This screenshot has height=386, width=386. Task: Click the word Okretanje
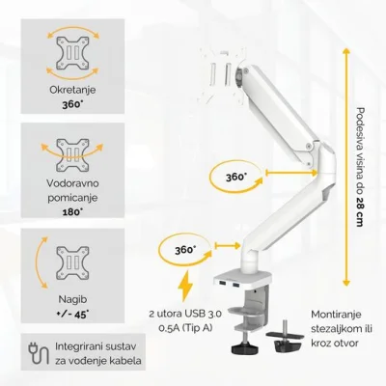click(72, 90)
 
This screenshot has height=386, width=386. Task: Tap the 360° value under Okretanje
click(72, 105)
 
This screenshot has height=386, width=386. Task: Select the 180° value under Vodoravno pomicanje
click(72, 212)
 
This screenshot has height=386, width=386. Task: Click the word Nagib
click(72, 299)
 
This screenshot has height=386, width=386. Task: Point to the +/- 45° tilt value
click(72, 315)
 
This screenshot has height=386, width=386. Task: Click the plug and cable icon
click(39, 353)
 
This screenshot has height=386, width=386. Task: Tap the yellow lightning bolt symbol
click(185, 286)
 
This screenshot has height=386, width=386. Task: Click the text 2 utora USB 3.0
click(185, 314)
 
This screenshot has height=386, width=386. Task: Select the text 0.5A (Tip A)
click(185, 328)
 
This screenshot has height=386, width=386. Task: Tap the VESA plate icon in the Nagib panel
click(72, 263)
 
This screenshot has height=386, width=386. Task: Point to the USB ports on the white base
click(229, 285)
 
